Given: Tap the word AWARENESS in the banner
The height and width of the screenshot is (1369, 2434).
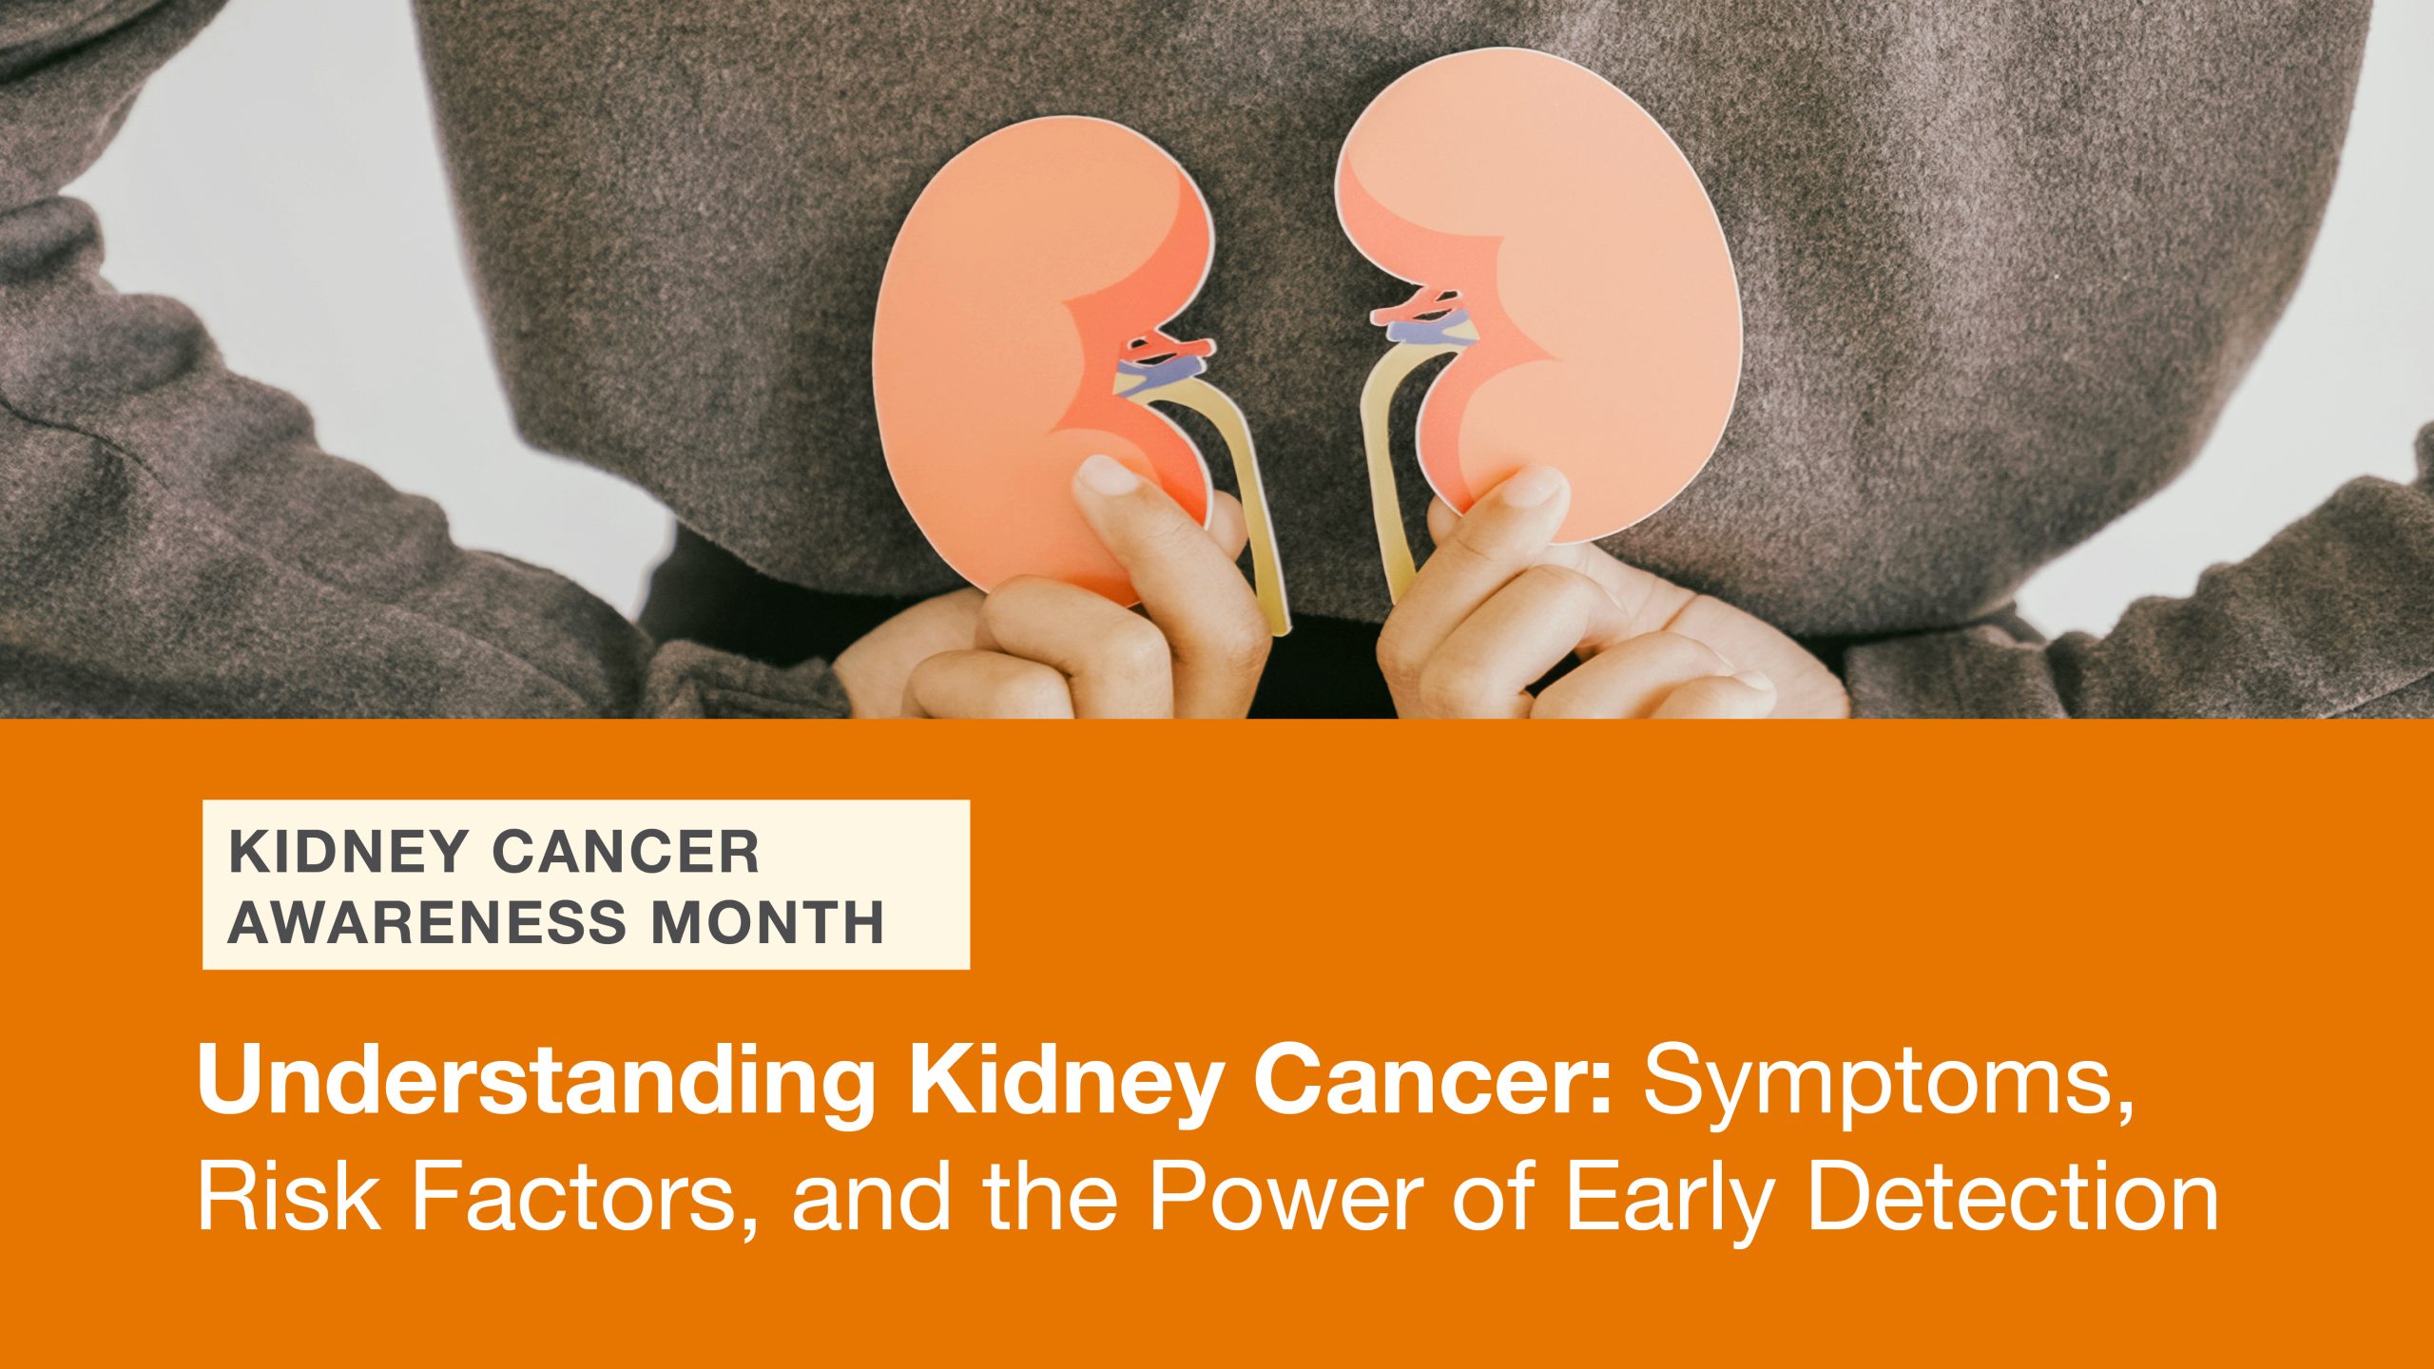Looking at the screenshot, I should (x=427, y=923).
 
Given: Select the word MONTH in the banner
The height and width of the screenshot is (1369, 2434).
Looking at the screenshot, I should (x=767, y=923).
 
